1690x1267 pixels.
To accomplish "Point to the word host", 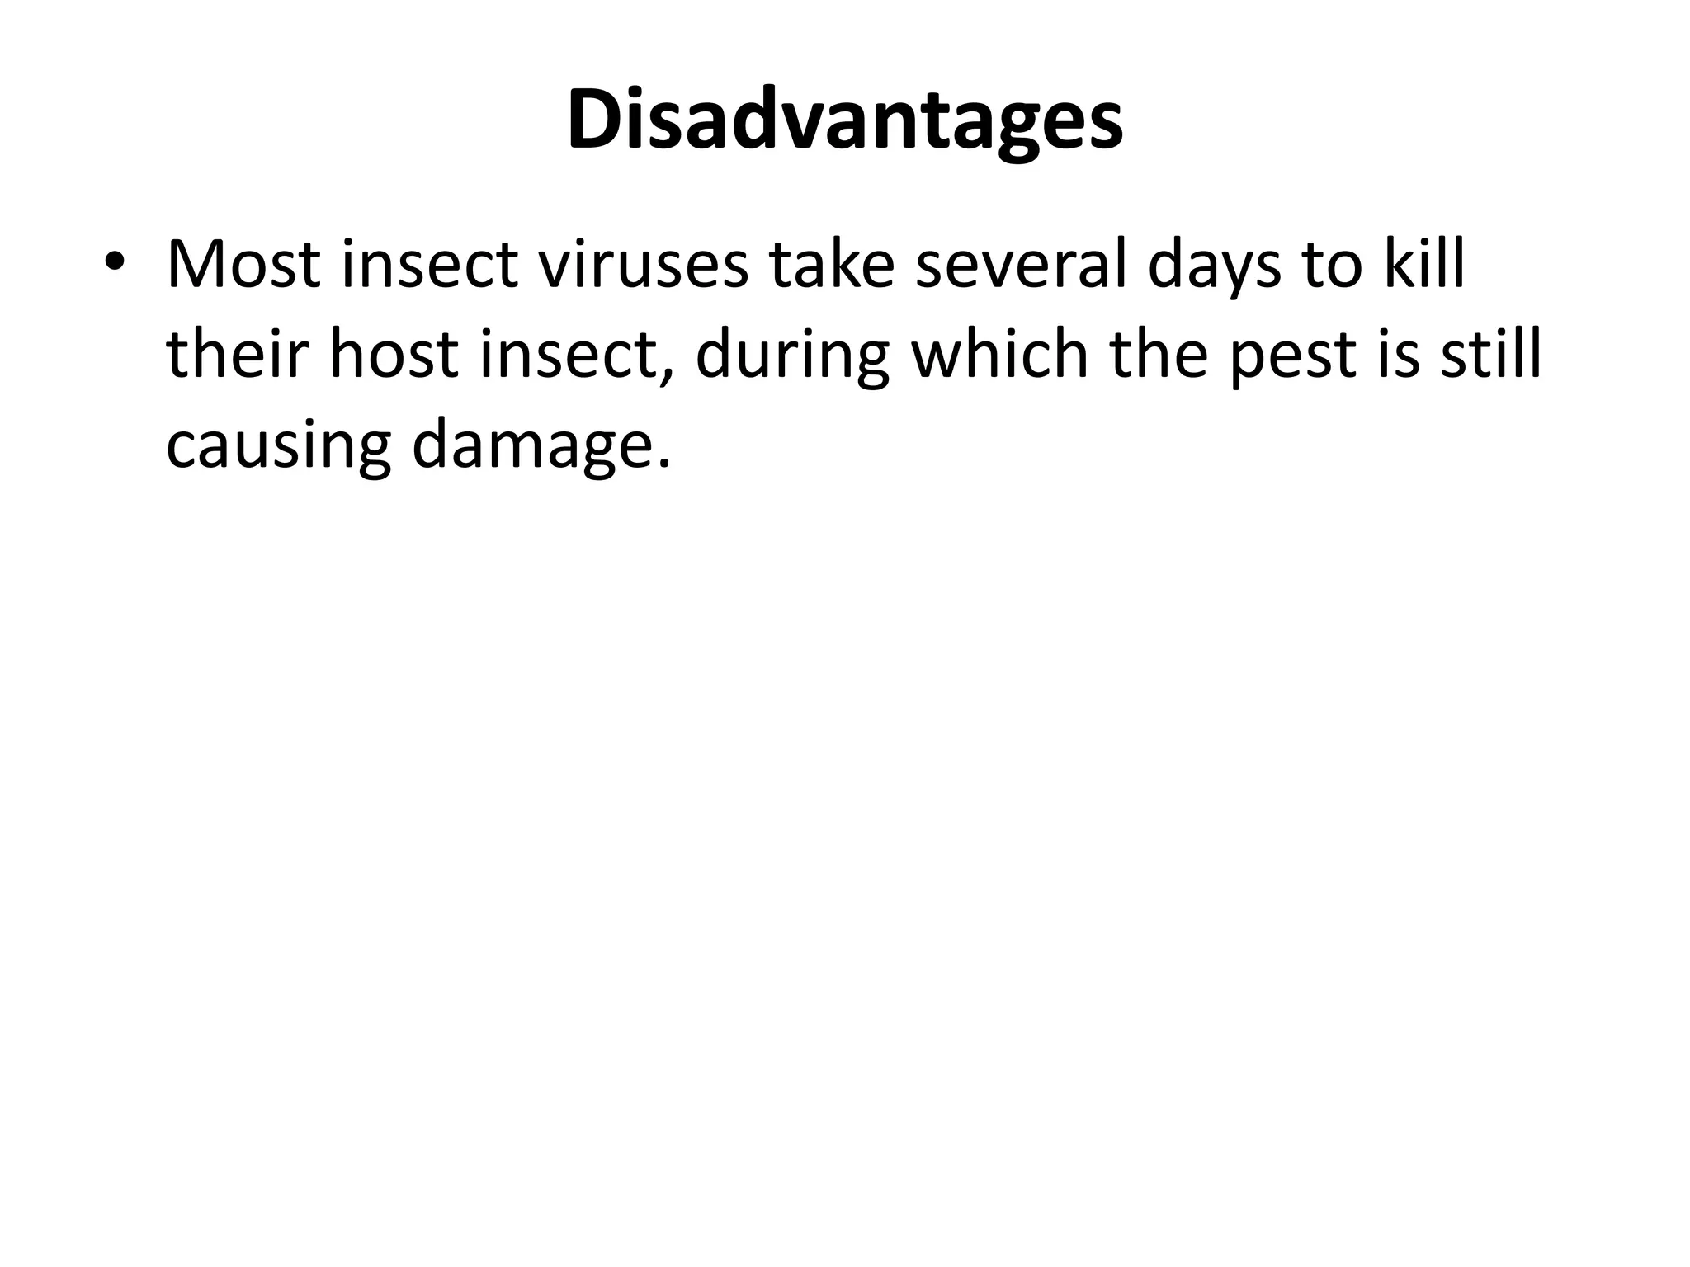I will (393, 355).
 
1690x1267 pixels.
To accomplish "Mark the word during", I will (792, 356).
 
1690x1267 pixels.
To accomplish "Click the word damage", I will (541, 447).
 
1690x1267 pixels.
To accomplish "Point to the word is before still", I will (1400, 355).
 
